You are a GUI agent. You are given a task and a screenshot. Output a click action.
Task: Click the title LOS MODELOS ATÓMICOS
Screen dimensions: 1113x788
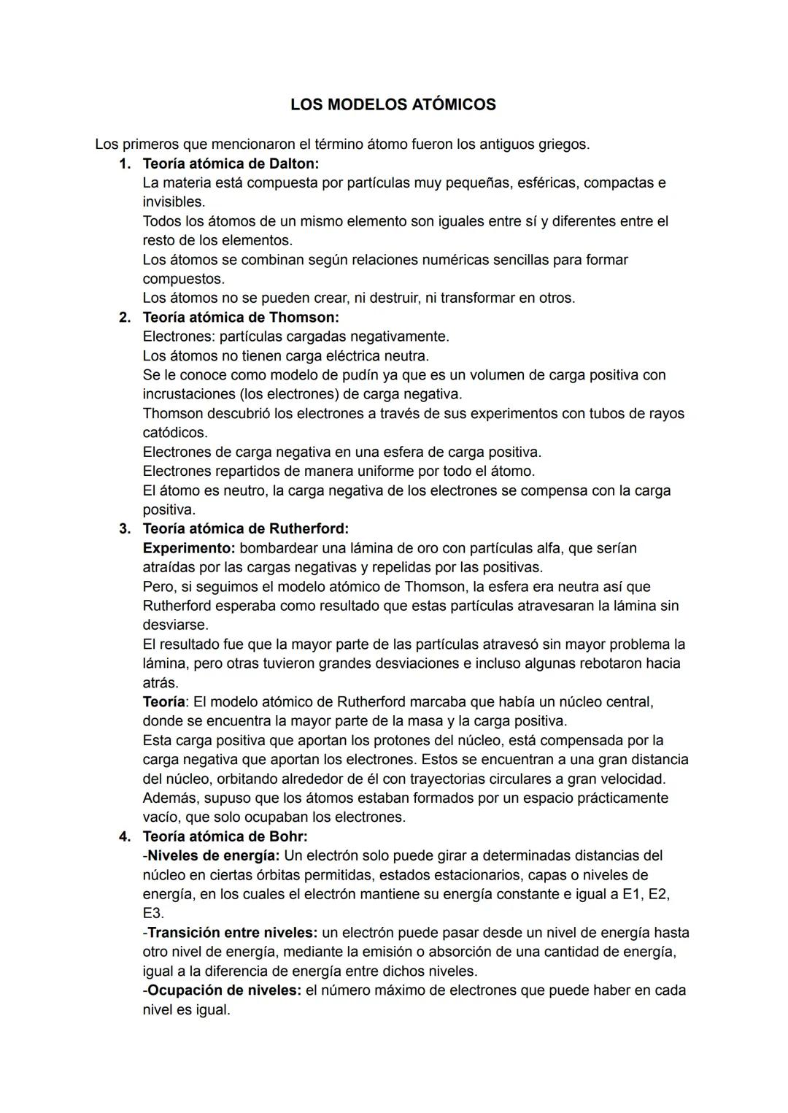tap(393, 105)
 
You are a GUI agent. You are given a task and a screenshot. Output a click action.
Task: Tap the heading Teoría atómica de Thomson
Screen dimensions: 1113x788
tap(241, 317)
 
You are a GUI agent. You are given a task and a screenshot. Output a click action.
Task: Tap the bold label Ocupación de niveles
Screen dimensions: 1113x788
tap(224, 990)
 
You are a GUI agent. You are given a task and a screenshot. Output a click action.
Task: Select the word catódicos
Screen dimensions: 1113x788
tap(174, 433)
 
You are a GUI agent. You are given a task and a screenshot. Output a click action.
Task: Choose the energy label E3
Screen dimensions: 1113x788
tap(153, 913)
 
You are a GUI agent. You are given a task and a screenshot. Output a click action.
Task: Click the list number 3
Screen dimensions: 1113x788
tap(125, 528)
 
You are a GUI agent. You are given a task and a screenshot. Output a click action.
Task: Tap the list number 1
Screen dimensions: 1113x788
tap(125, 163)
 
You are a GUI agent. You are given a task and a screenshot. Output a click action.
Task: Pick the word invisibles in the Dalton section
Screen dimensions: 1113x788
tap(173, 202)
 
